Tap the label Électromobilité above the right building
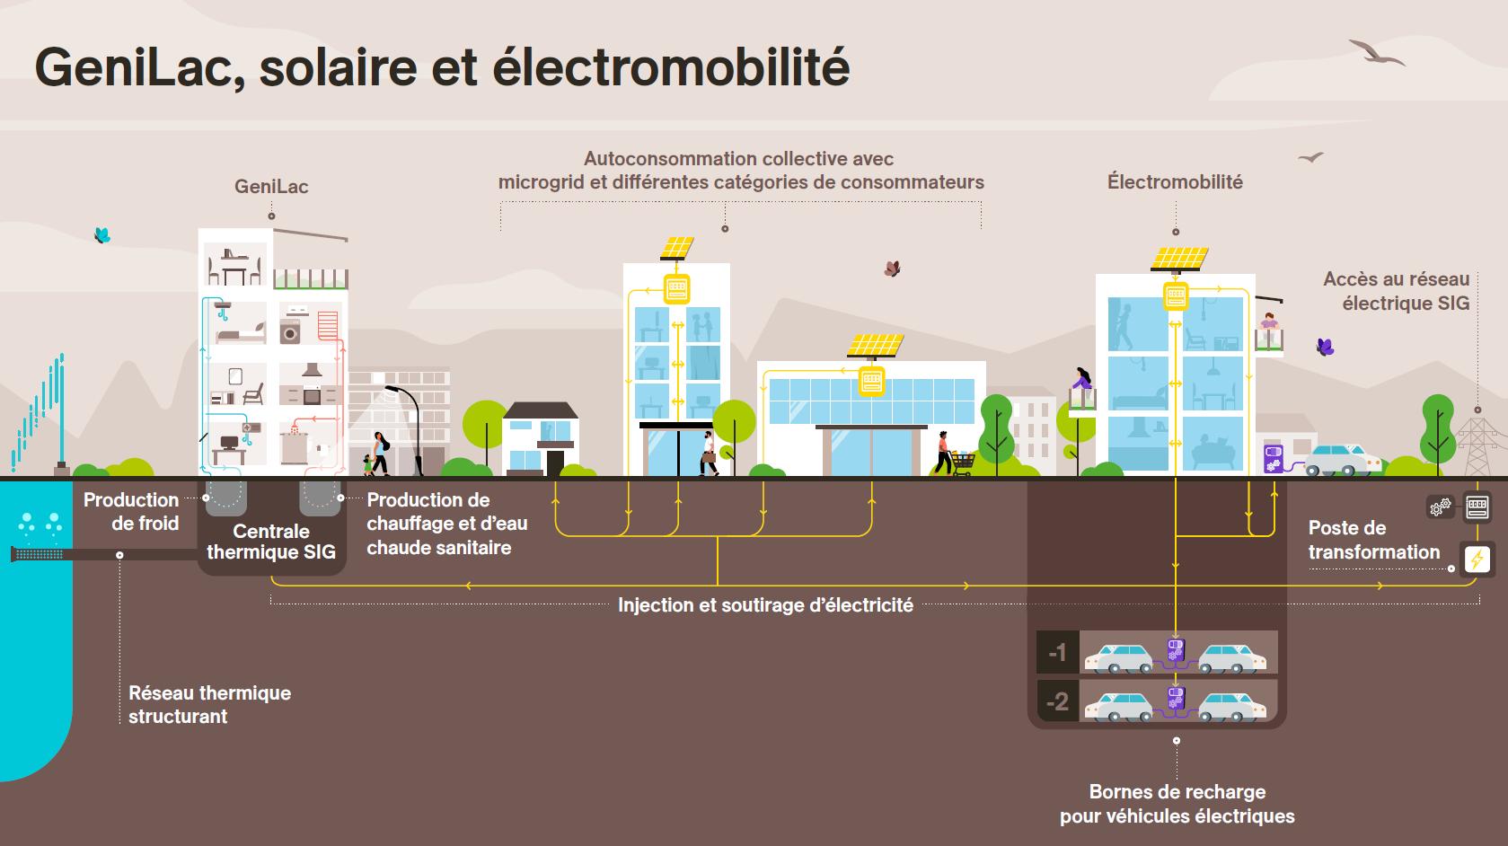click(x=1175, y=182)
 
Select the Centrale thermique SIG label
click(x=271, y=542)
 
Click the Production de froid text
click(x=131, y=512)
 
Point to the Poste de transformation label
click(x=1373, y=540)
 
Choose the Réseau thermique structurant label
click(x=209, y=704)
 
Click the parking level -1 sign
click(x=1057, y=652)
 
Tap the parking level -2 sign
click(x=1057, y=701)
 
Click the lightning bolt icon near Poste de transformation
click(x=1477, y=559)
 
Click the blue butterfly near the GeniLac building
click(x=102, y=235)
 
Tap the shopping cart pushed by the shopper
click(x=963, y=462)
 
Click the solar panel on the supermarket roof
click(x=869, y=346)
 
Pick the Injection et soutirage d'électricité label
click(x=765, y=605)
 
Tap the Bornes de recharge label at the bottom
click(x=1177, y=804)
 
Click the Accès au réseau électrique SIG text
click(x=1396, y=291)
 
